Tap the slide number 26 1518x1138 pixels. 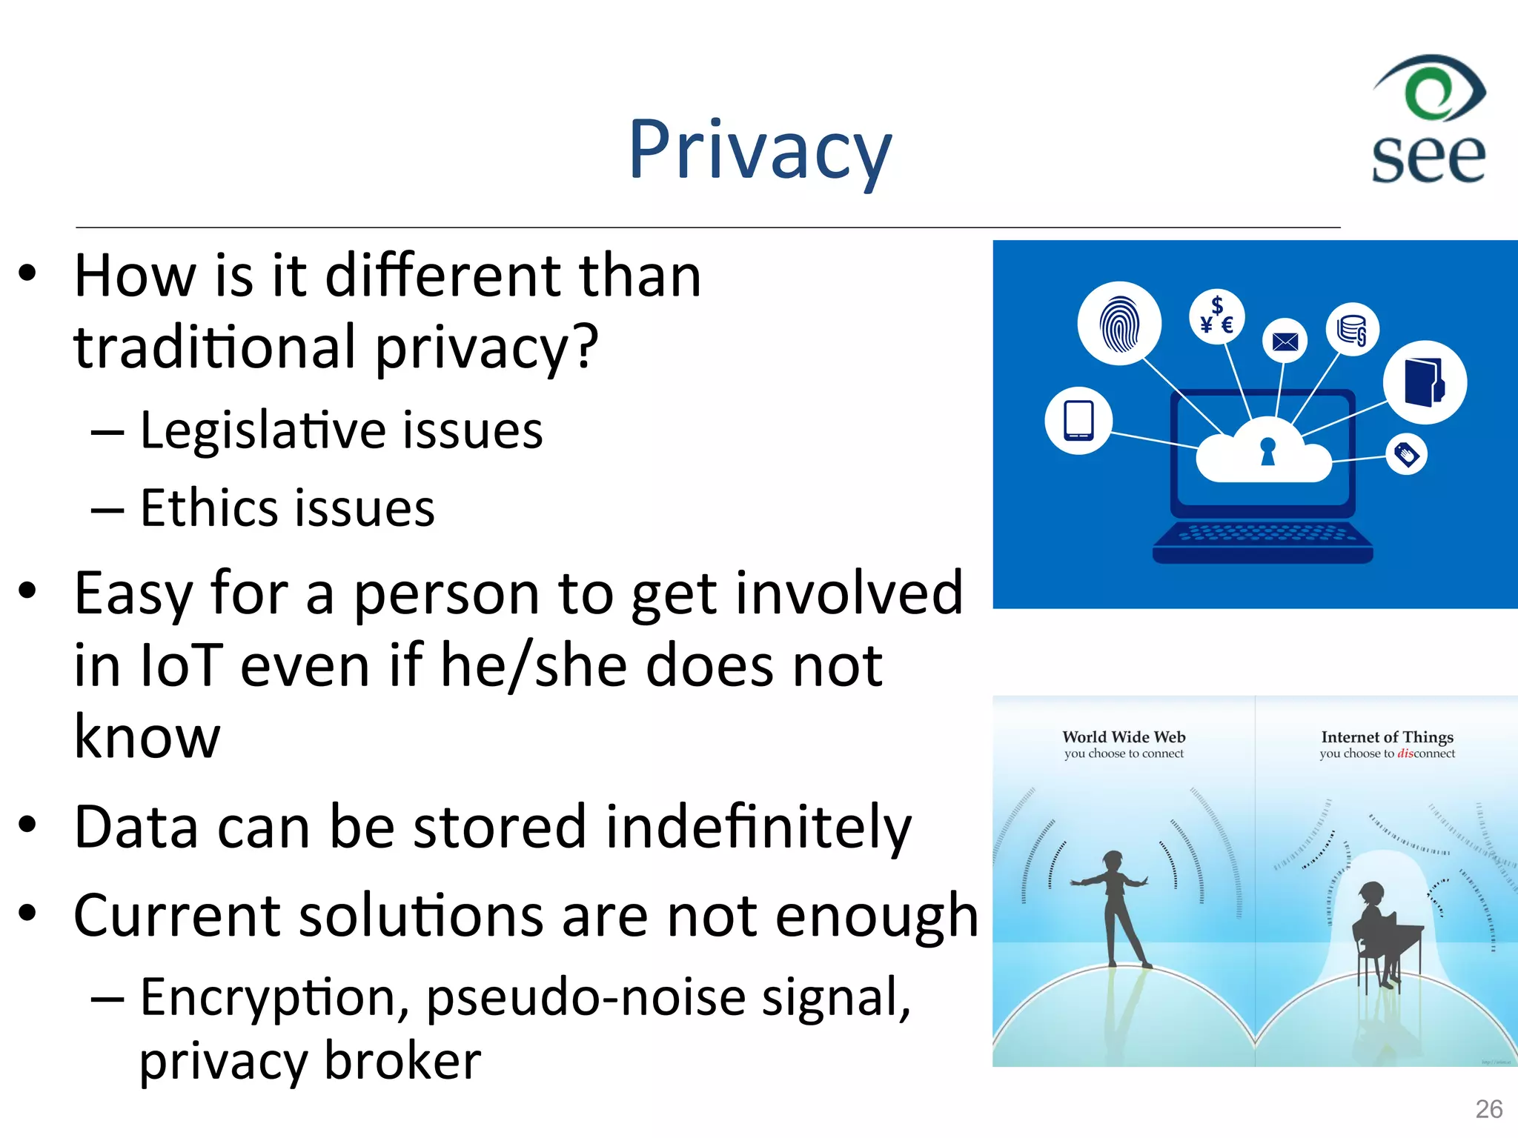(x=1488, y=1109)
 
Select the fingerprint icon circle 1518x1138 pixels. (x=1119, y=324)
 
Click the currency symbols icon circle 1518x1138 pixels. (x=1216, y=316)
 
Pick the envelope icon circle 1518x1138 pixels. (x=1285, y=341)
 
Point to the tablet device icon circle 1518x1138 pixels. (x=1078, y=420)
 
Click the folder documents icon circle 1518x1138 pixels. (x=1425, y=382)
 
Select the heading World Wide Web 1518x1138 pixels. (x=1124, y=736)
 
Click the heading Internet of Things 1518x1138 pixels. (x=1387, y=736)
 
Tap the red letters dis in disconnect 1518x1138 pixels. (x=1405, y=753)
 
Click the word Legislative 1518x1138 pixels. (x=262, y=430)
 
